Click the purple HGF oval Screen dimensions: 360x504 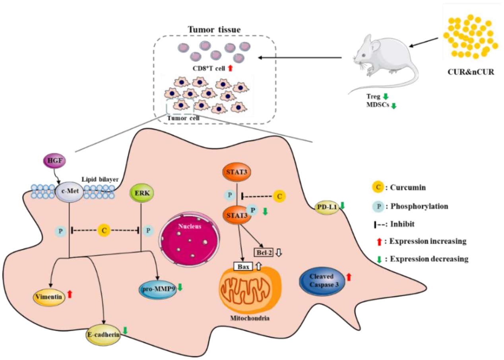[x=52, y=162]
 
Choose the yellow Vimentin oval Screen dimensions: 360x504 [x=49, y=296]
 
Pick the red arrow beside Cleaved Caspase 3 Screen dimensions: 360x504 [x=349, y=277]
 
